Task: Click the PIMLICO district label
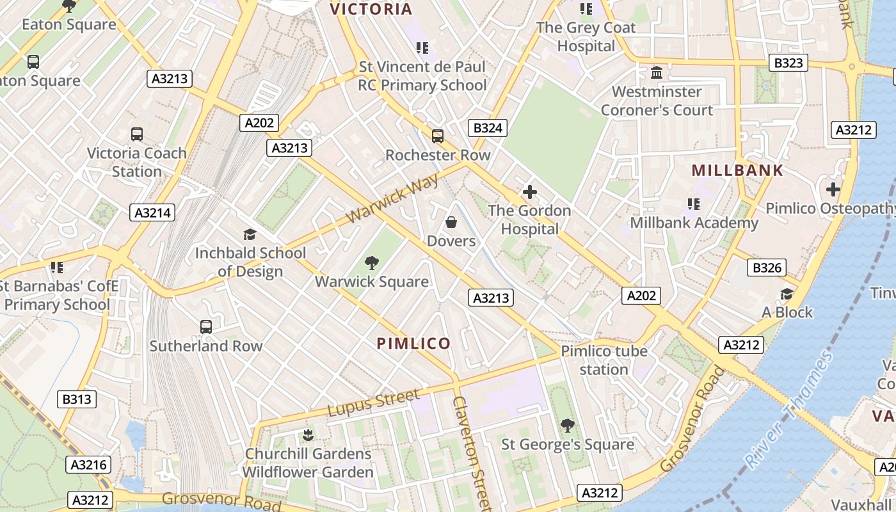pos(413,344)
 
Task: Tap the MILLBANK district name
pos(737,171)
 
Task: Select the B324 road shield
pos(487,128)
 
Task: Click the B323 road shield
pos(787,63)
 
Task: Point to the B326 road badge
pos(766,268)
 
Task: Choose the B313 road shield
pos(76,399)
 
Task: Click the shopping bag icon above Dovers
pos(451,222)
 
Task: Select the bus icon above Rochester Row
pos(438,136)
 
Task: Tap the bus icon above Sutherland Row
pos(206,327)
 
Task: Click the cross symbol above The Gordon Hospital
pos(529,191)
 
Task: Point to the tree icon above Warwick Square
pos(371,262)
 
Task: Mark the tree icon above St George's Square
pos(567,425)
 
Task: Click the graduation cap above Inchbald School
pos(250,234)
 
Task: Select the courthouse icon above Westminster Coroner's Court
pos(656,73)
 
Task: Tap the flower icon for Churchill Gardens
pos(308,435)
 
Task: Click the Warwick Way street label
pos(393,198)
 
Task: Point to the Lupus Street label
pos(374,403)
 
